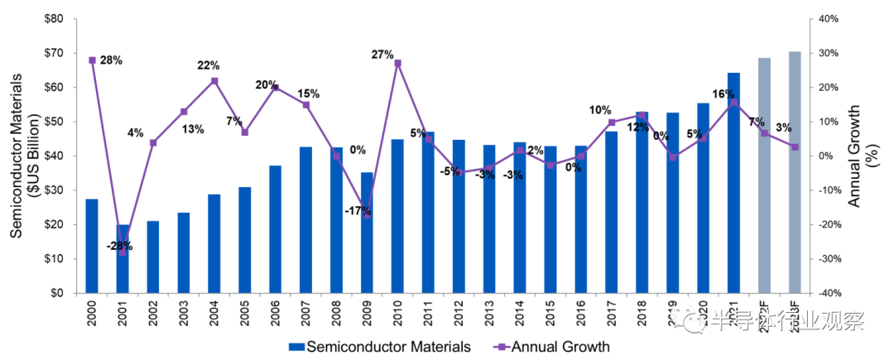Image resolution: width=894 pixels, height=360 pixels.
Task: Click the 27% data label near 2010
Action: pyautogui.click(x=382, y=55)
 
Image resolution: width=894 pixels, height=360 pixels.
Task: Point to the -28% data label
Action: pyautogui.click(x=119, y=246)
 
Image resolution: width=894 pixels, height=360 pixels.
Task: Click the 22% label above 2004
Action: pyautogui.click(x=208, y=65)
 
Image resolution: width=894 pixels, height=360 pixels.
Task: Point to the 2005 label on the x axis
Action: pyautogui.click(x=245, y=315)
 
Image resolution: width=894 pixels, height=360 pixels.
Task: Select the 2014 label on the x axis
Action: pyautogui.click(x=520, y=315)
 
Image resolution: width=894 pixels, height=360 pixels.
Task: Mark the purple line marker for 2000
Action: pyautogui.click(x=92, y=60)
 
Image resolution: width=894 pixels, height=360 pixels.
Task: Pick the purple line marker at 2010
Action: pyautogui.click(x=397, y=63)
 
